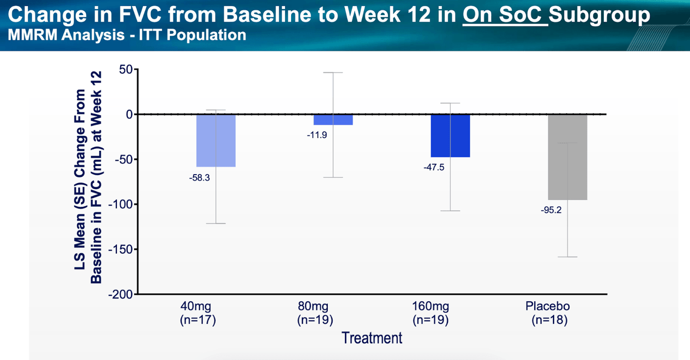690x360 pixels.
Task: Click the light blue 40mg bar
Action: tap(216, 141)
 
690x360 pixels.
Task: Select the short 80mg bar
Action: tap(333, 120)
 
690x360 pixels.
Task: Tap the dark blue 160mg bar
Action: tap(450, 136)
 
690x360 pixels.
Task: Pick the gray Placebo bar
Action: tap(568, 157)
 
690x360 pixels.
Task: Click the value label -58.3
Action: tap(199, 178)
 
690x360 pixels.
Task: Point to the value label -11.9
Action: tap(316, 135)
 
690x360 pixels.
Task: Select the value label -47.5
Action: tap(434, 168)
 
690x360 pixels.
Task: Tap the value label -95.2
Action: tap(551, 210)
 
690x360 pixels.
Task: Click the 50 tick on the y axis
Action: tap(126, 70)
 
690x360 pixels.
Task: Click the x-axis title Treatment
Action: tap(372, 338)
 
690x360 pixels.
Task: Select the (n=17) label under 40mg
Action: tap(198, 320)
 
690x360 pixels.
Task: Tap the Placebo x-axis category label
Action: tap(548, 306)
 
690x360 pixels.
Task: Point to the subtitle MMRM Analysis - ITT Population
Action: tap(127, 35)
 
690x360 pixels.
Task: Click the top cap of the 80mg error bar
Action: tap(333, 73)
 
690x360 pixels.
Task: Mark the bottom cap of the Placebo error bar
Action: tap(568, 257)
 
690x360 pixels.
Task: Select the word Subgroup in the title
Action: tap(599, 15)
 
